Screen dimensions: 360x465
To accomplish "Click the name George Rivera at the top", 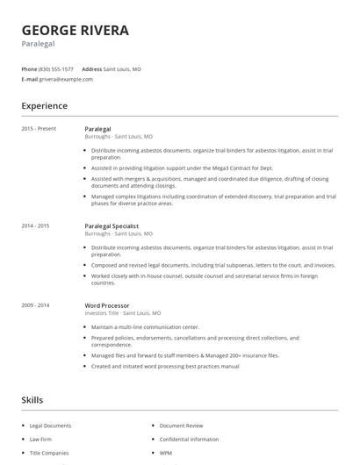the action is click(x=76, y=30).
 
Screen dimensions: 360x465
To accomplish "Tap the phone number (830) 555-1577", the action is click(x=56, y=68).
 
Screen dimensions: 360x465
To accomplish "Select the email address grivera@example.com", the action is click(x=66, y=79).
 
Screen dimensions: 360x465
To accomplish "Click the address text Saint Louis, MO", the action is click(x=122, y=68).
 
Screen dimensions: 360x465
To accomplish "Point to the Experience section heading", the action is click(x=44, y=106).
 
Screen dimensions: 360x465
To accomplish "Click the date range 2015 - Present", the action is click(x=39, y=129).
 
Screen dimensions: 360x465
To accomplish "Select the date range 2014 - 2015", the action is click(x=36, y=225).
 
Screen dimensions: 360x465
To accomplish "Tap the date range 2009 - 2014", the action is click(x=36, y=304).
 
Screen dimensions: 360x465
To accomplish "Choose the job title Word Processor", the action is click(x=108, y=304).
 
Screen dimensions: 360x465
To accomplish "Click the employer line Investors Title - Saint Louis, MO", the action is click(x=123, y=312).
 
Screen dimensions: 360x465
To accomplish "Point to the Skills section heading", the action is click(x=32, y=400).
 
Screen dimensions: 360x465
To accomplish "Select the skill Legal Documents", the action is click(x=50, y=426).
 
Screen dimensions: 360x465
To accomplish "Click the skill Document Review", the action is click(x=183, y=426).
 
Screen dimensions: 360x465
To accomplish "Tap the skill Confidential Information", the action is click(x=189, y=439).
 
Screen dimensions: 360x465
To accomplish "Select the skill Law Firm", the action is click(x=41, y=439).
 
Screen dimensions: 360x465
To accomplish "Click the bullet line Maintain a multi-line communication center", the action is click(x=146, y=327).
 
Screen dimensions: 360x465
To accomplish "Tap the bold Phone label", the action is click(x=29, y=68).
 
